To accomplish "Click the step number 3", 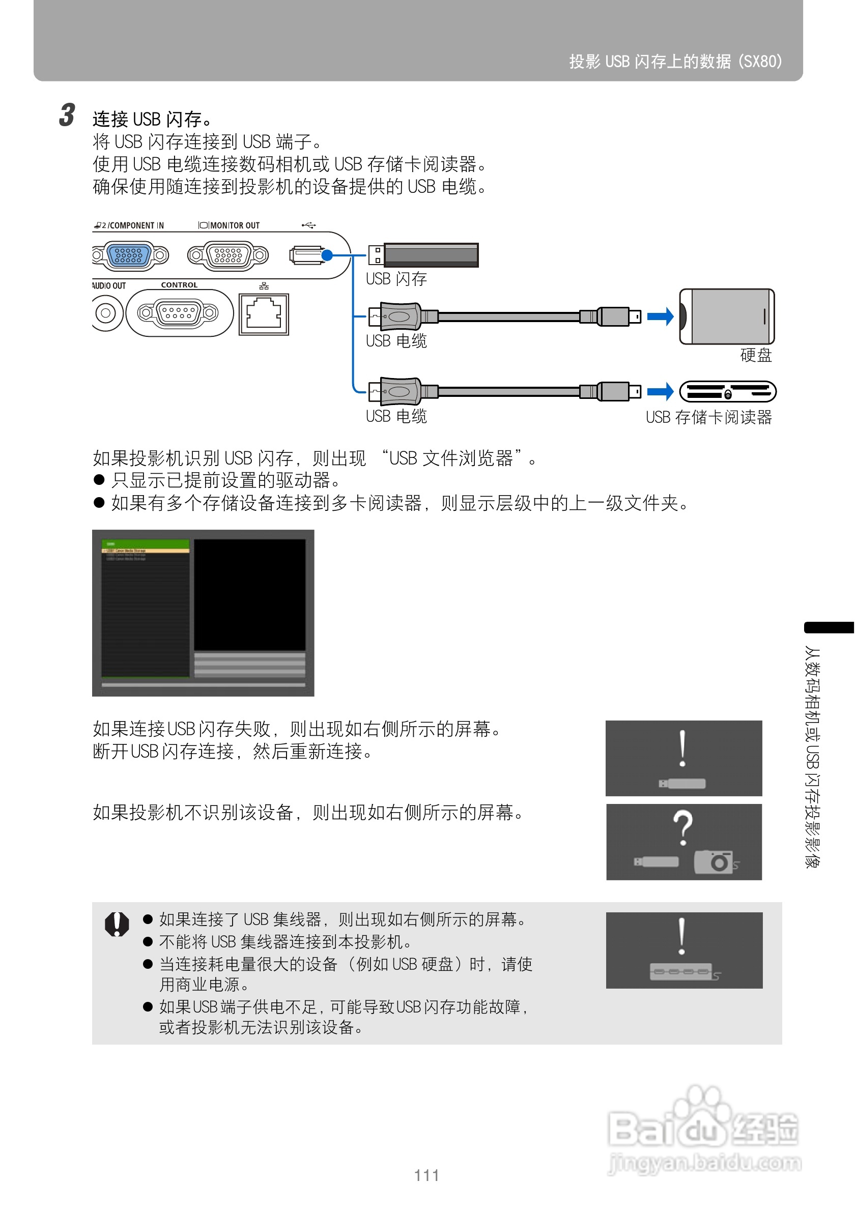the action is pos(67,116).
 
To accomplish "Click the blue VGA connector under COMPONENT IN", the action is pos(129,255).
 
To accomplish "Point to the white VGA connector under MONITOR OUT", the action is pos(228,255).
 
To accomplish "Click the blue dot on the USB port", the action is pos(327,255).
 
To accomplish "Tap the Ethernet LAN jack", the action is pos(264,314).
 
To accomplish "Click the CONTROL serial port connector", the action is pos(178,313).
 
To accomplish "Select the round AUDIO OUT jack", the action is pos(105,313).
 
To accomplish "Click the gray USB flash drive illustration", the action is pos(431,255).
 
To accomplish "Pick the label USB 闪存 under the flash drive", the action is pos(396,279).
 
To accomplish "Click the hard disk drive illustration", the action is pos(726,316).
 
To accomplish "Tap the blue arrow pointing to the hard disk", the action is pos(660,316).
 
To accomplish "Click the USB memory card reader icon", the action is pos(727,392).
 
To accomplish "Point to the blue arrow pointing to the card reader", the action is pos(660,391).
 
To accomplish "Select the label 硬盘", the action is pos(755,355).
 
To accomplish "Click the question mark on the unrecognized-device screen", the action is pos(682,826).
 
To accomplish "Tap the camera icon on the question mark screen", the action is pos(713,861).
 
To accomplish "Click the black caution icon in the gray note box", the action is pos(117,924).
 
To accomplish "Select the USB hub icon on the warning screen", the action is pos(680,971).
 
